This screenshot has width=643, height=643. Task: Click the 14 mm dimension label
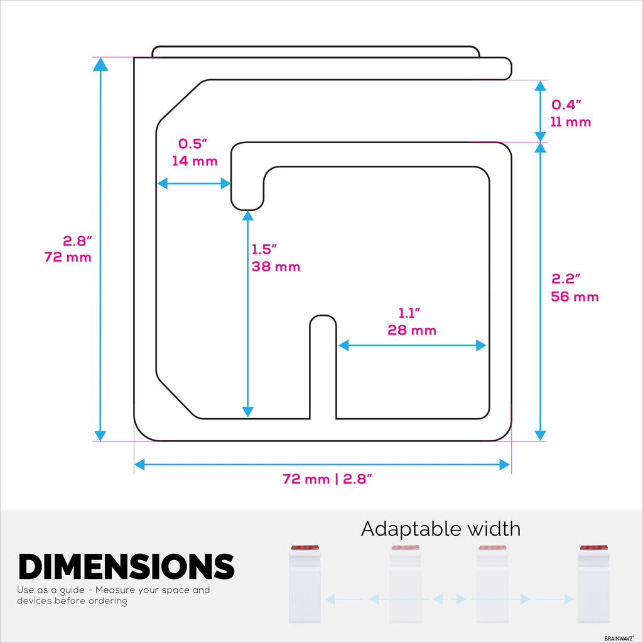(x=195, y=161)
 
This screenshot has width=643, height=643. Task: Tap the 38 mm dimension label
(x=276, y=266)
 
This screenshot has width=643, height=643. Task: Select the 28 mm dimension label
(x=412, y=330)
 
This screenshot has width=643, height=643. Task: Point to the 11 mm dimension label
(x=570, y=122)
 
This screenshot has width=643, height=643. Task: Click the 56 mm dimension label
(x=575, y=296)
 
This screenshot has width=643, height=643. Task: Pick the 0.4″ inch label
(x=566, y=105)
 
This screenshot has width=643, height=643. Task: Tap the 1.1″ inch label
(x=409, y=313)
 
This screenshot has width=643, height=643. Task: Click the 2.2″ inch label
(x=566, y=279)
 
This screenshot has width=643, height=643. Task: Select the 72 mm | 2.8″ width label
(x=327, y=479)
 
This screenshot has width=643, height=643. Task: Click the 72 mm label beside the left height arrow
(x=68, y=257)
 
